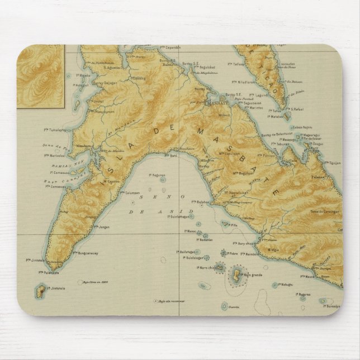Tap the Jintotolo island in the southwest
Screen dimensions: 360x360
pyautogui.click(x=41, y=291)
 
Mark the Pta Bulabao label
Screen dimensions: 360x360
pyautogui.click(x=200, y=200)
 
